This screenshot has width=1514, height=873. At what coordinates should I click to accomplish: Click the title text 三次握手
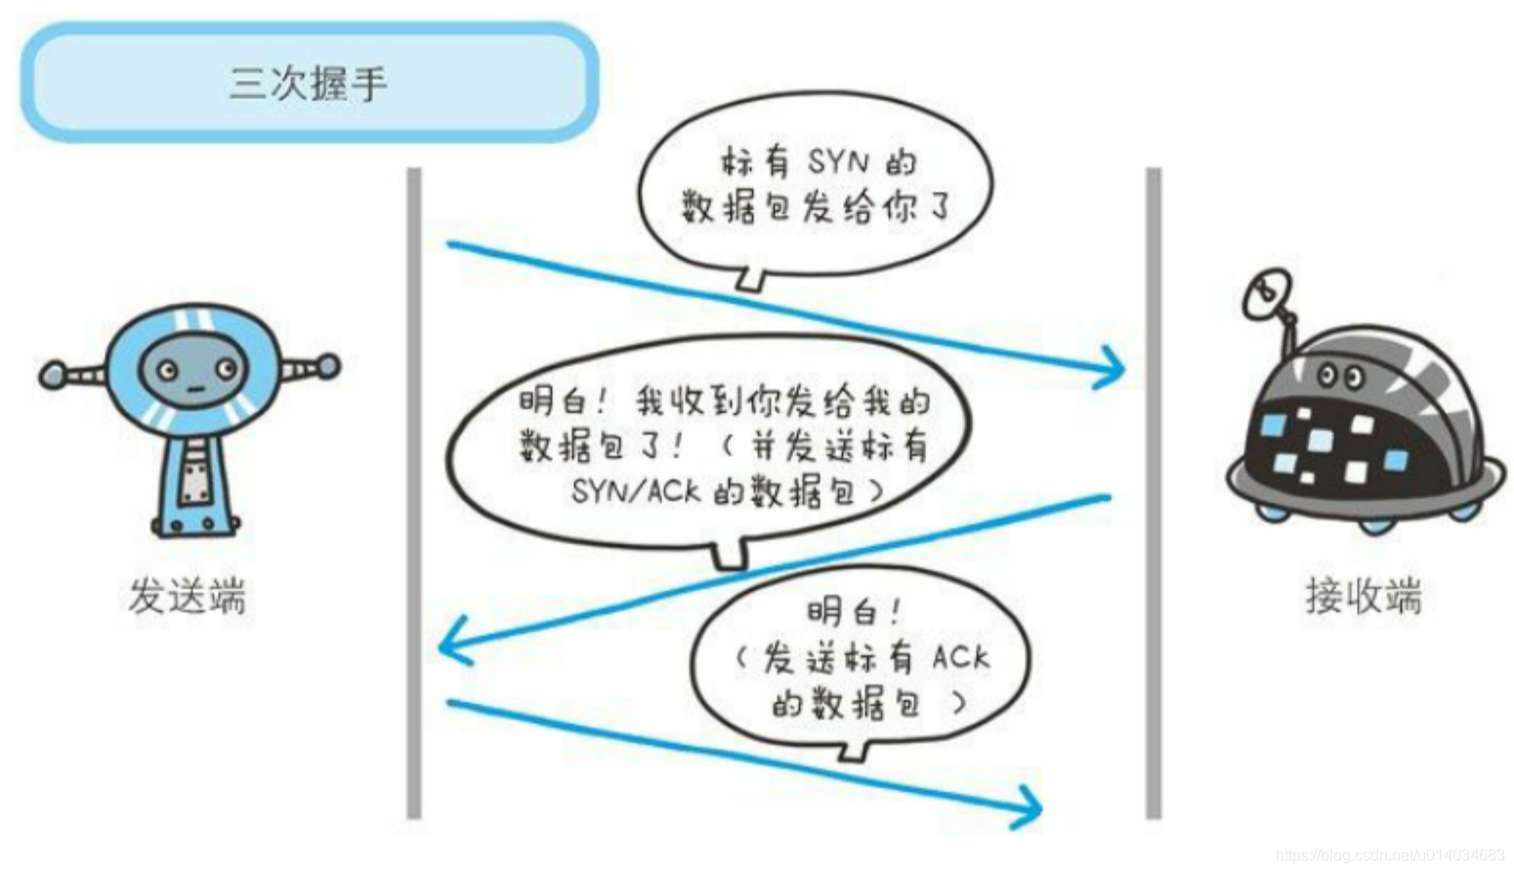[309, 84]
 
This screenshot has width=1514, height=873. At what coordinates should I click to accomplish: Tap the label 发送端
[187, 596]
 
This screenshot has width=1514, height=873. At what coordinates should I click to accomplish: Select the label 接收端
[1364, 596]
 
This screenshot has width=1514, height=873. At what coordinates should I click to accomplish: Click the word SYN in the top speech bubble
[839, 161]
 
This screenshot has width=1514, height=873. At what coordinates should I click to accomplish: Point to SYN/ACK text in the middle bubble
[636, 490]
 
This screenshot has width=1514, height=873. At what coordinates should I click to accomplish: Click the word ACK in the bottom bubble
[960, 657]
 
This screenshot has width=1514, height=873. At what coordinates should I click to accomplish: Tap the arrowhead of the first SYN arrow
[1114, 369]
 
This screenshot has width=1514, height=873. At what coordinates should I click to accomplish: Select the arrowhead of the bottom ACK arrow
[1031, 807]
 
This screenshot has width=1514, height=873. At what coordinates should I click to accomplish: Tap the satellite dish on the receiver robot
[1267, 295]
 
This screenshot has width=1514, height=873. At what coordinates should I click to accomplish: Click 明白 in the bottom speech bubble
[840, 612]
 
